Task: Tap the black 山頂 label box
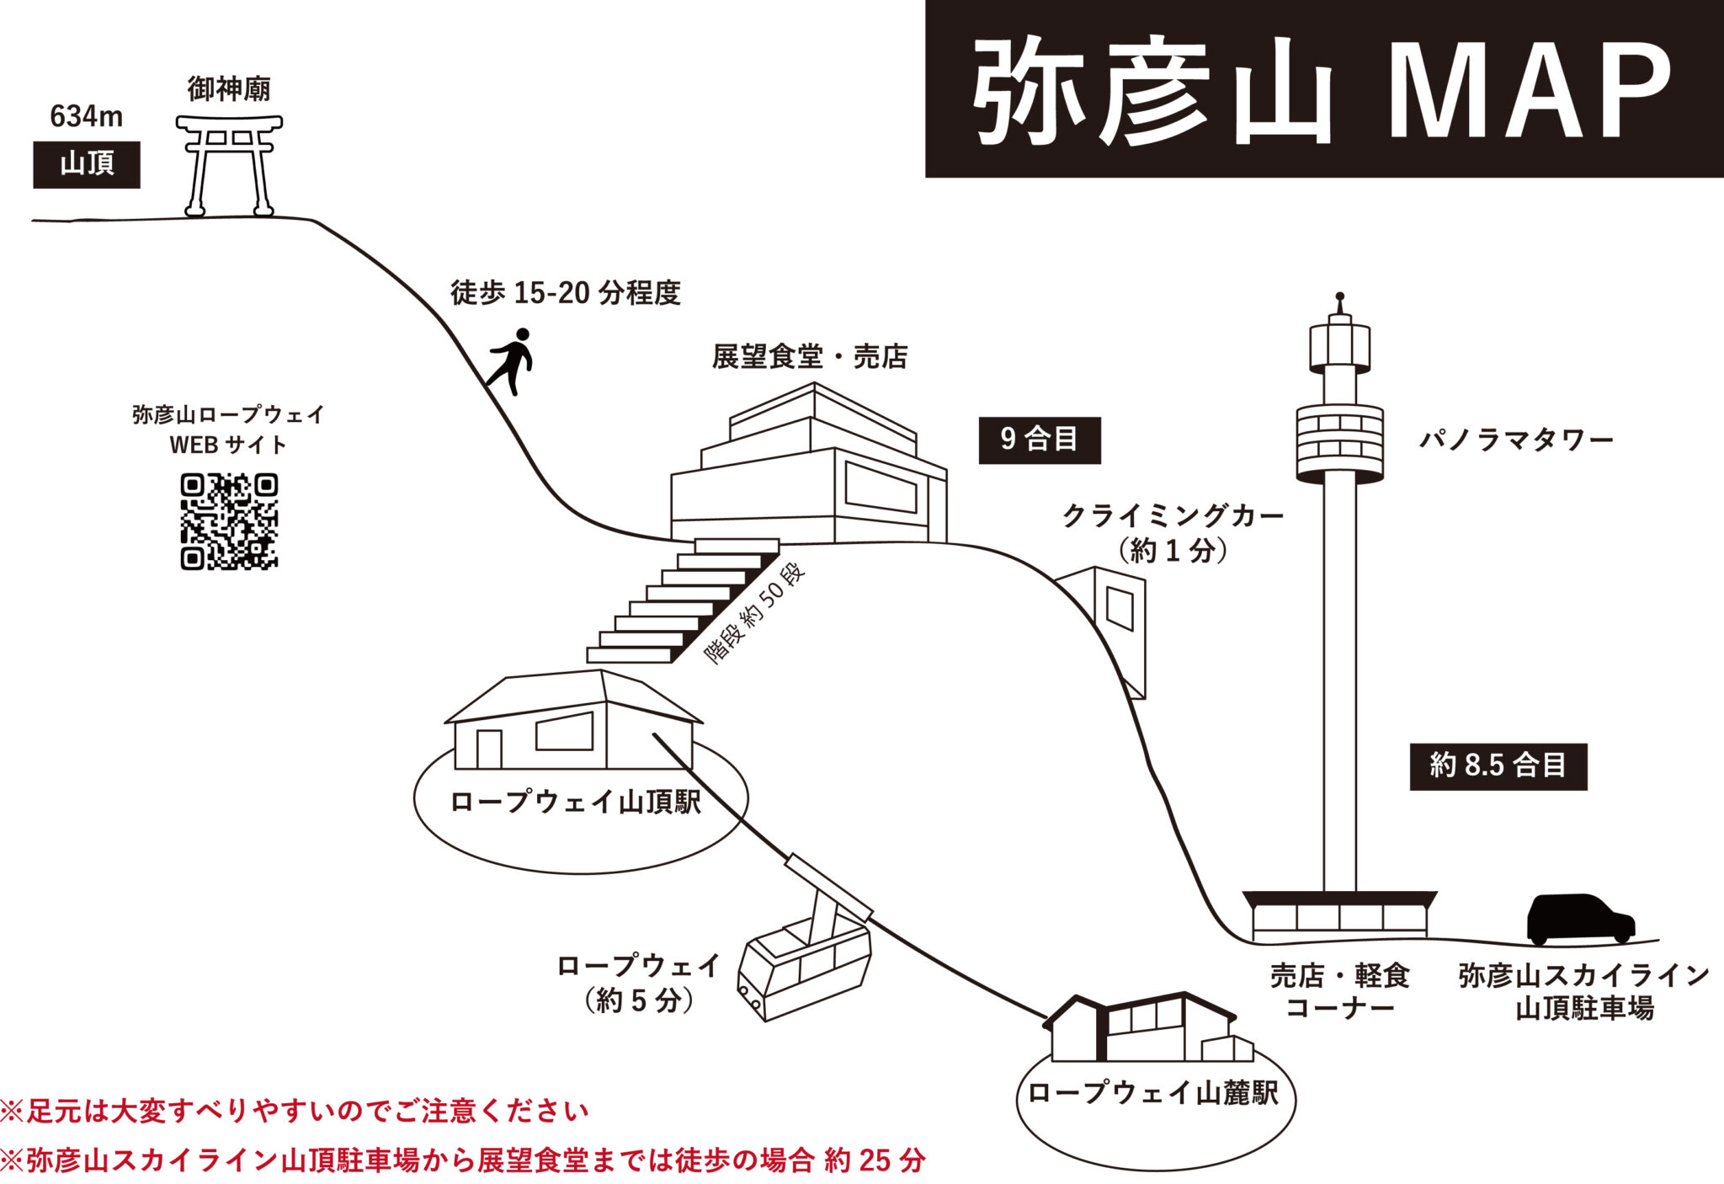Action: click(87, 164)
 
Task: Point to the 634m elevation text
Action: click(87, 116)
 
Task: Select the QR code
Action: click(229, 521)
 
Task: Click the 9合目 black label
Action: click(1040, 440)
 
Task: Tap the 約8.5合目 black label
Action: click(1498, 765)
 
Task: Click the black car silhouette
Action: click(1580, 919)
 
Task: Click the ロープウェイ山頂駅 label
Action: click(577, 802)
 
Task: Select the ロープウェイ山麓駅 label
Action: click(1154, 1093)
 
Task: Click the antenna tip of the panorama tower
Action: click(1340, 297)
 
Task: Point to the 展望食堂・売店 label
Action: click(810, 357)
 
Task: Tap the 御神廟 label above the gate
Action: click(229, 88)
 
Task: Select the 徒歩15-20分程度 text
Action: click(566, 293)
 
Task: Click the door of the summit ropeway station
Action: click(489, 749)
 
